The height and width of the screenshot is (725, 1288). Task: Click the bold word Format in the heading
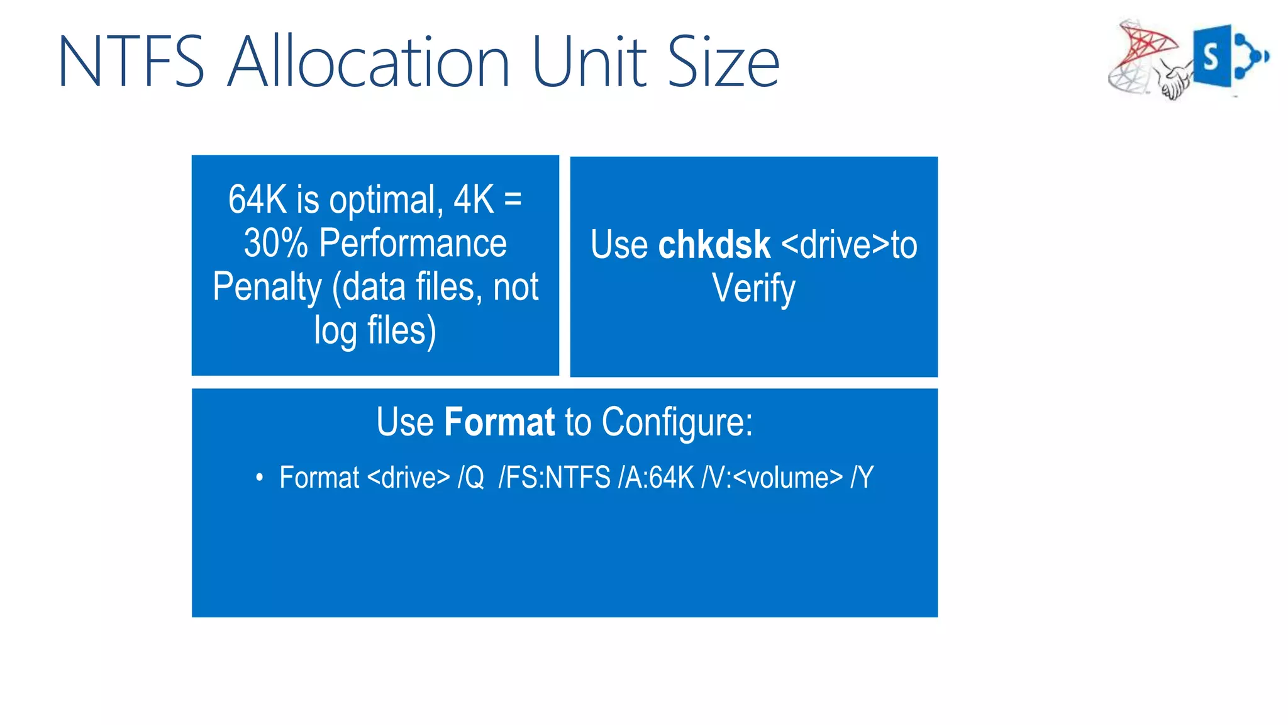coord(499,422)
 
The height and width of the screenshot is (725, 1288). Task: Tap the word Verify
coord(753,289)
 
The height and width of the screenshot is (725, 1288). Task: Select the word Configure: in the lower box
coord(677,422)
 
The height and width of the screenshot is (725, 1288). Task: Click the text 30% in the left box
coord(275,243)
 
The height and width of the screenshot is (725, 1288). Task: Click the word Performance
coord(413,243)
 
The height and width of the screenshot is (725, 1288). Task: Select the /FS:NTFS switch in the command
coord(554,478)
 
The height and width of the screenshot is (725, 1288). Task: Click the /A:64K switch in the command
coord(656,478)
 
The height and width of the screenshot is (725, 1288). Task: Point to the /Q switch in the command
coord(471,478)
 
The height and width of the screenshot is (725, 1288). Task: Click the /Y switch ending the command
coord(862,478)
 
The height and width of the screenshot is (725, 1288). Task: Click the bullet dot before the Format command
coord(259,478)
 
